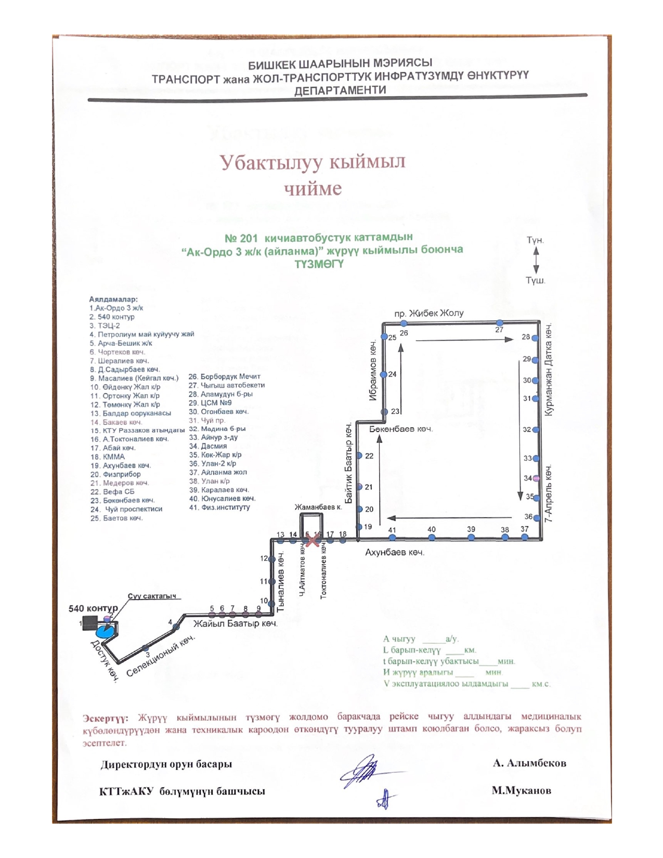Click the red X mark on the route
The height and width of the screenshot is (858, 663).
312,541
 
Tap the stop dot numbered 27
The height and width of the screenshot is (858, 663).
499,323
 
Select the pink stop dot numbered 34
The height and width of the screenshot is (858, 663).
536,478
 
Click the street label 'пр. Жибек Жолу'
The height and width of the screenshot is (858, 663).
429,314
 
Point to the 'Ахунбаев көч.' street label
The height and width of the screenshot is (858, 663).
395,552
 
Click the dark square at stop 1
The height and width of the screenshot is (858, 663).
92,622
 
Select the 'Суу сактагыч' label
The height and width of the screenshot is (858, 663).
152,596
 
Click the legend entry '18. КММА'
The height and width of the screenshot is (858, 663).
108,457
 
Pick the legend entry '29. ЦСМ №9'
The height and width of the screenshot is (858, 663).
210,402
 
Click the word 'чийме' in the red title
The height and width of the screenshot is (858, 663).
313,188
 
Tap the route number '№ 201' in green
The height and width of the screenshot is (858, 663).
241,238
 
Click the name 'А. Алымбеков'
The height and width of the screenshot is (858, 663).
529,763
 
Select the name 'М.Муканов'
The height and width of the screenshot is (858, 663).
522,790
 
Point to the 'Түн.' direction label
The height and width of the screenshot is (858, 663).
535,240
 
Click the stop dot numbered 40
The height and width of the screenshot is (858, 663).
432,538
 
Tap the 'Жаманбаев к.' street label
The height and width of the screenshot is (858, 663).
318,507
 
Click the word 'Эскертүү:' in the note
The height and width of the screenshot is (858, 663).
106,718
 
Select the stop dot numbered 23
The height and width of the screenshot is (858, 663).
384,412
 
